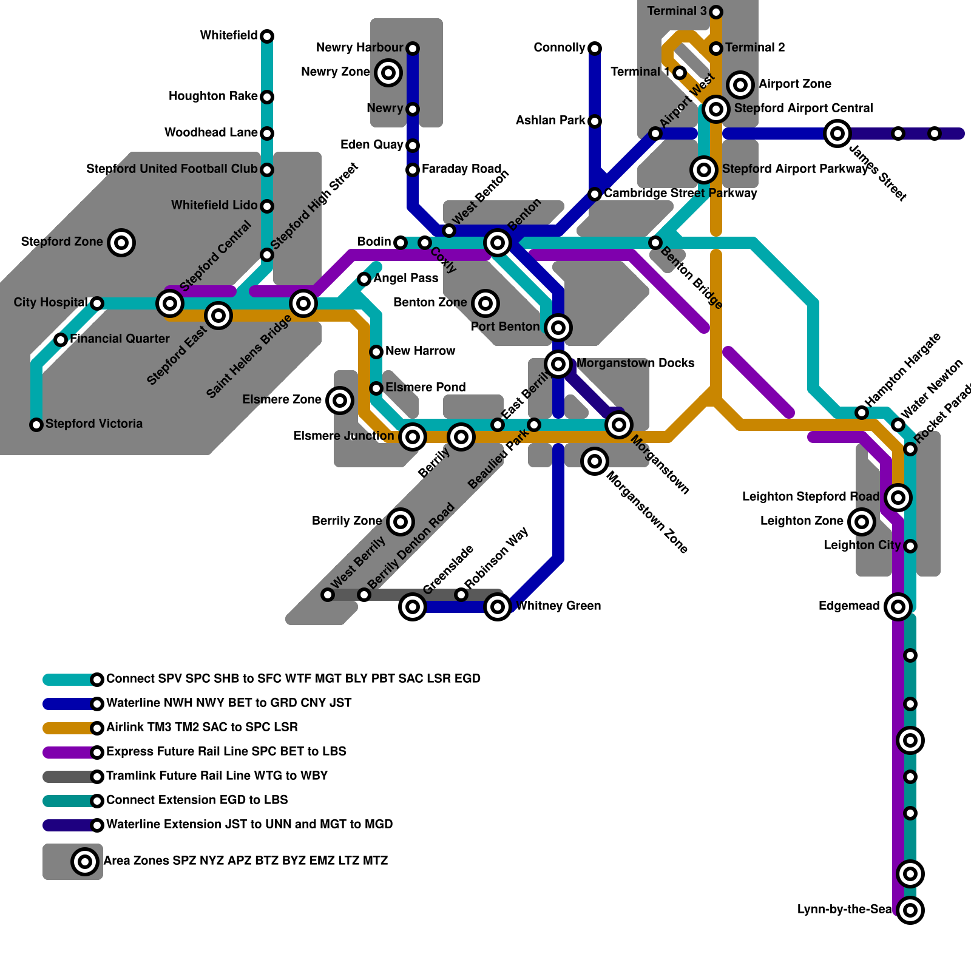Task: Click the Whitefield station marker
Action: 267,36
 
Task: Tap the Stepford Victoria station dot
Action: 36,425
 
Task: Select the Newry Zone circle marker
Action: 388,73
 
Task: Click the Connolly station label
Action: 560,48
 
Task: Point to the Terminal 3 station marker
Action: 716,12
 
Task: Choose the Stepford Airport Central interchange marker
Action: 716,109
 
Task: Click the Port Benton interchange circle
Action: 558,328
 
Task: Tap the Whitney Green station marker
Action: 498,606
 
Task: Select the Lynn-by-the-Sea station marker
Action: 910,910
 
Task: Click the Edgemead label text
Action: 848,606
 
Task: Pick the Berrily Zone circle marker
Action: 401,521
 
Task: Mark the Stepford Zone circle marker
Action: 121,243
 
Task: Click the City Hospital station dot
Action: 97,303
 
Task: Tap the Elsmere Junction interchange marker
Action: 413,436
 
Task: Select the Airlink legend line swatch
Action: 68,728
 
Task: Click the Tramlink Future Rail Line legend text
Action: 217,776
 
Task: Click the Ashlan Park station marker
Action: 595,121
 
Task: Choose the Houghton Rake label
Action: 212,96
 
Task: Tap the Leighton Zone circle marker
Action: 862,521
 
